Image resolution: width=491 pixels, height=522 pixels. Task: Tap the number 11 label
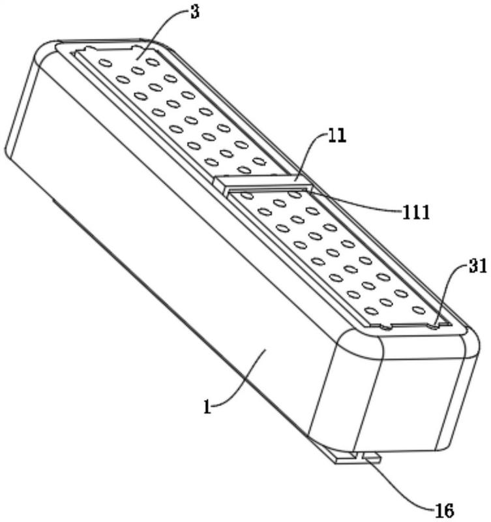pos(337,136)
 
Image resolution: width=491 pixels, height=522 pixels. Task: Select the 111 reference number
pos(416,211)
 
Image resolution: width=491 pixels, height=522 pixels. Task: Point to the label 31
pos(478,266)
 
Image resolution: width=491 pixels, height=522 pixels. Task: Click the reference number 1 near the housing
pos(207,407)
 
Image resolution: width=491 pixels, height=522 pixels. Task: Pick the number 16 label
pos(445,510)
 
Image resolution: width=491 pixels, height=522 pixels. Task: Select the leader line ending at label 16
pos(399,489)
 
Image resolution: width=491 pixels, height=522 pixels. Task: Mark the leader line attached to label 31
pos(446,290)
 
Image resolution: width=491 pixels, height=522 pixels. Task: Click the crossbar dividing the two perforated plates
pos(263,183)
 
